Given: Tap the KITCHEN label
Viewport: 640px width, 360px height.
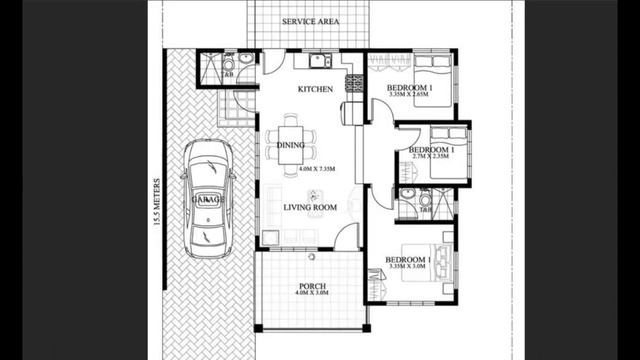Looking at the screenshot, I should pyautogui.click(x=315, y=90).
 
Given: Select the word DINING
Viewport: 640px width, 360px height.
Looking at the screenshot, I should pyautogui.click(x=291, y=146).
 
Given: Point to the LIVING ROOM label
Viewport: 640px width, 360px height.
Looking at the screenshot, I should pyautogui.click(x=309, y=207).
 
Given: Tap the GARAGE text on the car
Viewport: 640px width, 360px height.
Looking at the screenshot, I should pyautogui.click(x=209, y=200).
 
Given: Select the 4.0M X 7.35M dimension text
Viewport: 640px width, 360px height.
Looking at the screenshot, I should pyautogui.click(x=316, y=170).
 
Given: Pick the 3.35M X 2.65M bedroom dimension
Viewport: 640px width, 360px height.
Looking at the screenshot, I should pyautogui.click(x=410, y=95).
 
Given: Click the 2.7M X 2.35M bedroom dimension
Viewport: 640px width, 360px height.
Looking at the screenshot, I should pyautogui.click(x=431, y=157).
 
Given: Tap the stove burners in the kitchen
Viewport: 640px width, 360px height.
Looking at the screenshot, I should pyautogui.click(x=351, y=83).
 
